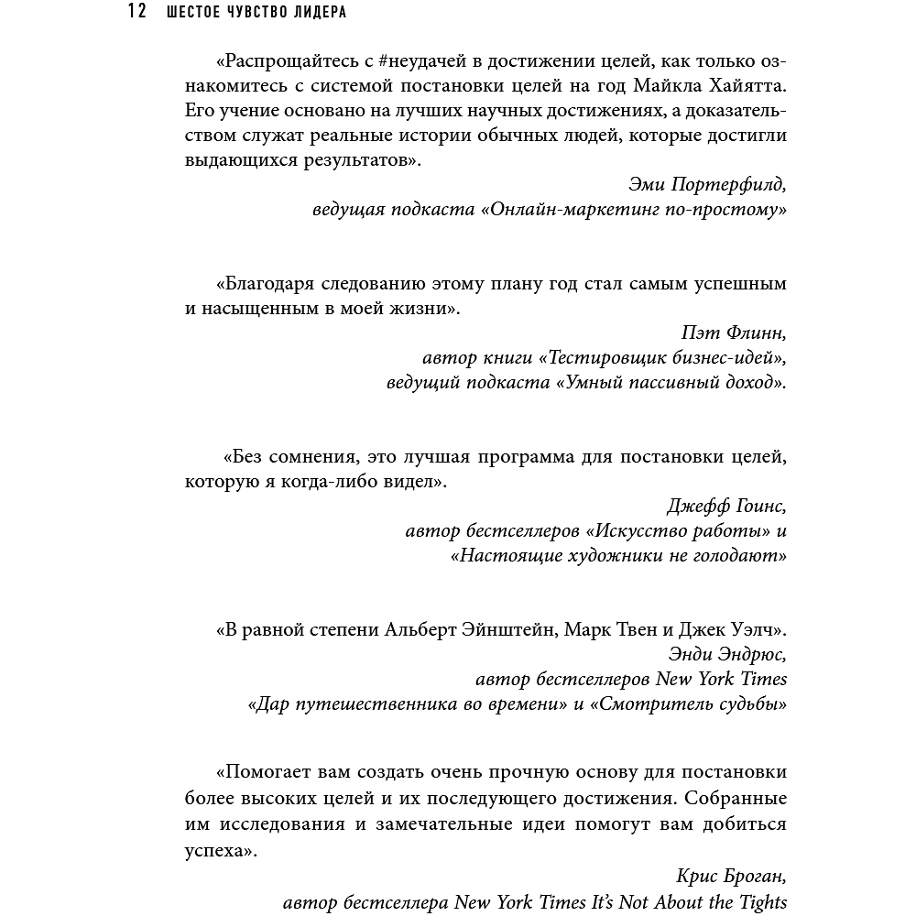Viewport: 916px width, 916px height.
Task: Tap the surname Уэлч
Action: pos(745,630)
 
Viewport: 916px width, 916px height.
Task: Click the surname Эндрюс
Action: pos(751,655)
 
